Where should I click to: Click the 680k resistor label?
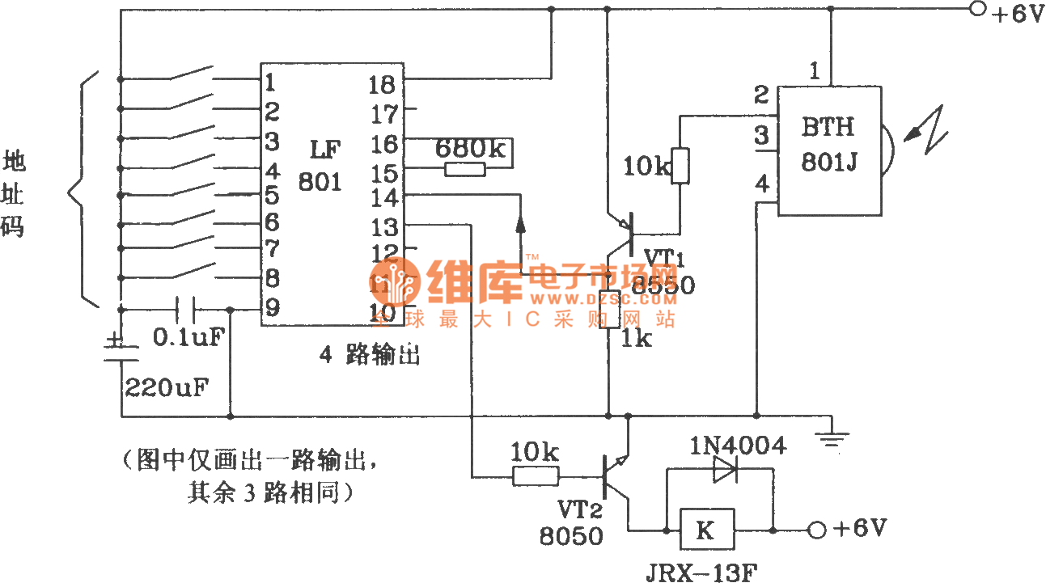(469, 148)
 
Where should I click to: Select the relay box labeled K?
(706, 530)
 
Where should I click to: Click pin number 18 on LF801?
(383, 82)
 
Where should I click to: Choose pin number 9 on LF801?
(271, 307)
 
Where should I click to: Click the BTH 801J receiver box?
(829, 150)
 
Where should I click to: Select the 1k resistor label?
(636, 339)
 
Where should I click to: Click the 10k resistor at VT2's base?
(535, 476)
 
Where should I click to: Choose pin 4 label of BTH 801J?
(761, 185)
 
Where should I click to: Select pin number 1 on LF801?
(270, 82)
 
